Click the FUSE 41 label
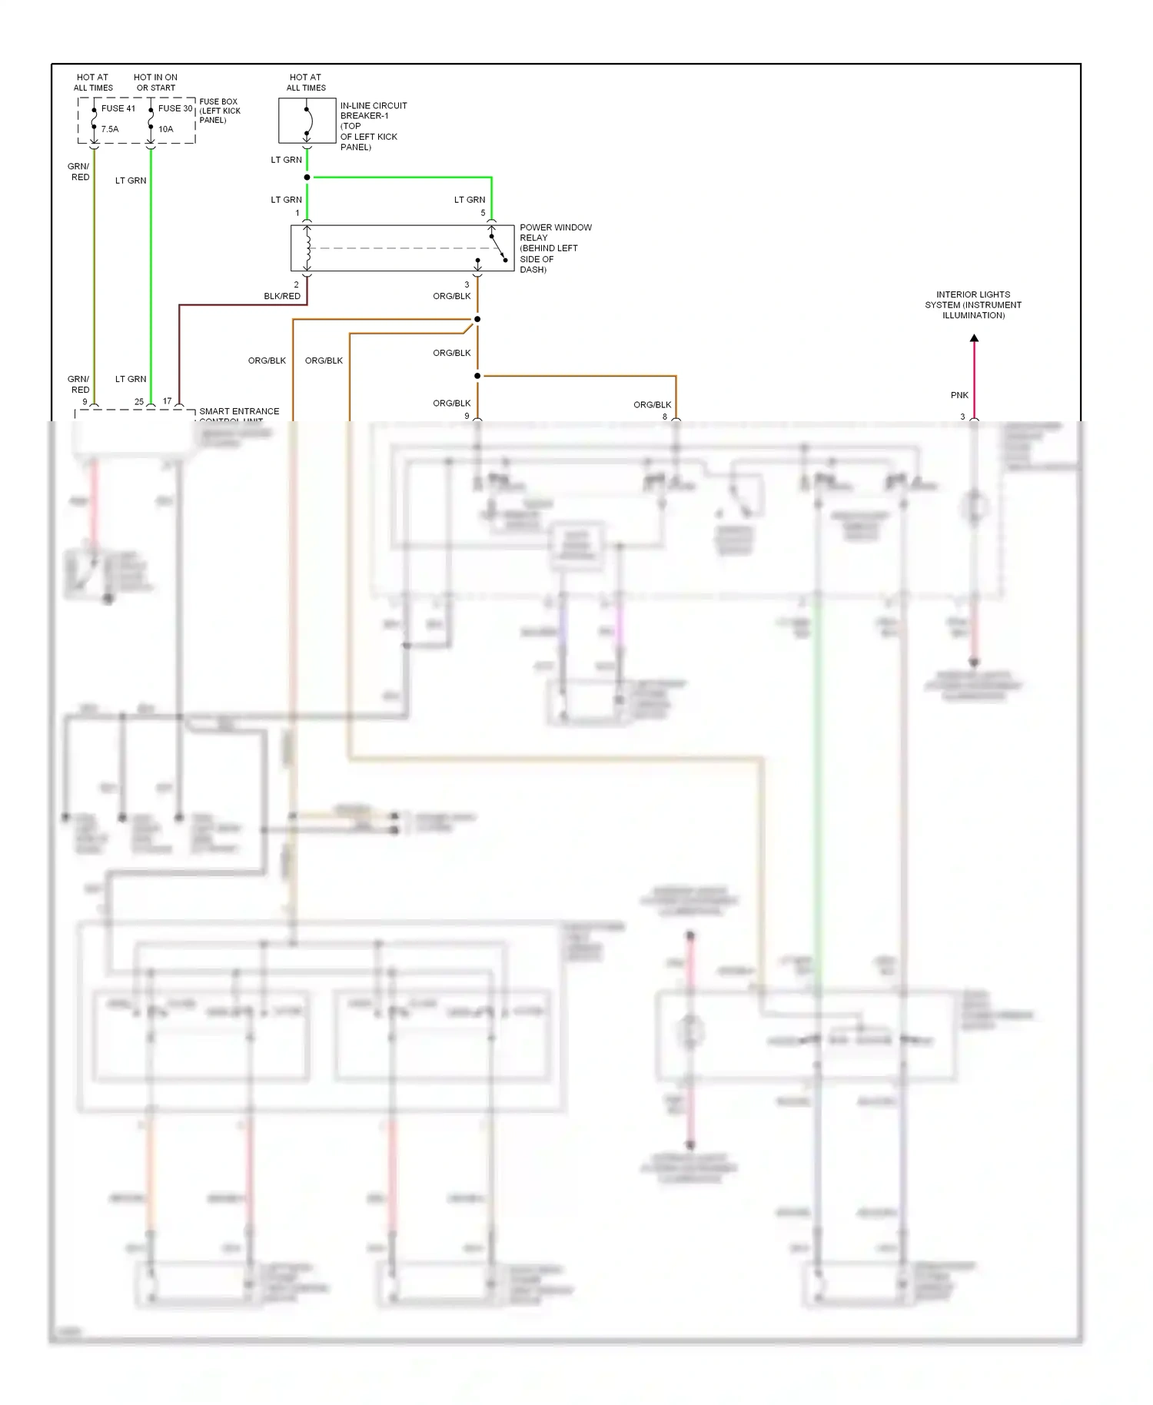click(x=118, y=108)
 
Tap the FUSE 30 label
click(x=175, y=108)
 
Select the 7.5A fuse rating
click(x=110, y=129)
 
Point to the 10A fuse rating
click(x=166, y=129)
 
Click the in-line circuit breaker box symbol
click(x=307, y=121)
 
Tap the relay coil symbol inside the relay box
click(x=307, y=247)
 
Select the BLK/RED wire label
click(x=282, y=296)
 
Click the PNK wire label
click(x=959, y=395)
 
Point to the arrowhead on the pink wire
click(x=974, y=338)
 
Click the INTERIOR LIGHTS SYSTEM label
click(x=973, y=304)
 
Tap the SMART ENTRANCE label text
click(x=239, y=411)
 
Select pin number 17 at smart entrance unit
click(x=167, y=401)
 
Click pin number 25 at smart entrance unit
click(x=139, y=401)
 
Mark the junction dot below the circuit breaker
click(x=307, y=178)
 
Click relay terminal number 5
click(x=483, y=213)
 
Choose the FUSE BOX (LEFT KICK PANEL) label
click(x=219, y=111)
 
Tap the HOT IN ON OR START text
click(x=155, y=82)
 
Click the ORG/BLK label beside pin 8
click(x=652, y=404)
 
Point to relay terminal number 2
click(x=296, y=284)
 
